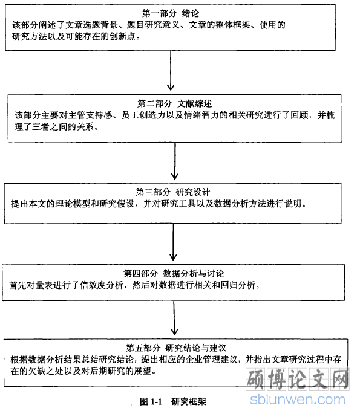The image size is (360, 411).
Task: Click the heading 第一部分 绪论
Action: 171,13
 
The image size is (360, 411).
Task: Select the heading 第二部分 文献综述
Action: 175,103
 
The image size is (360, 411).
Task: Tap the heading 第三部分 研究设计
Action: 173,192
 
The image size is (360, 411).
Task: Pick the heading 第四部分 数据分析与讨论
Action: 174,273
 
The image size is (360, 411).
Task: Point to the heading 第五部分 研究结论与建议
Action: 176,348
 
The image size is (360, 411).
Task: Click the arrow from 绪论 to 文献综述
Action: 171,71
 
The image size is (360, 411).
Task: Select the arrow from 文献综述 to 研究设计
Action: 175,161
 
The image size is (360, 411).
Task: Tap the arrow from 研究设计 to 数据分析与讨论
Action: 173,242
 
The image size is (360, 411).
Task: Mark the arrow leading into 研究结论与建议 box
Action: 174,318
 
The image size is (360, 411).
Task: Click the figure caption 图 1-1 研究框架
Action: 173,401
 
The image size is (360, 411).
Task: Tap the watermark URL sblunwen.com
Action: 298,400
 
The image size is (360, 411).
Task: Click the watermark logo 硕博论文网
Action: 298,379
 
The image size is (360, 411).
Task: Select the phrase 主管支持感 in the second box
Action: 90,115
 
